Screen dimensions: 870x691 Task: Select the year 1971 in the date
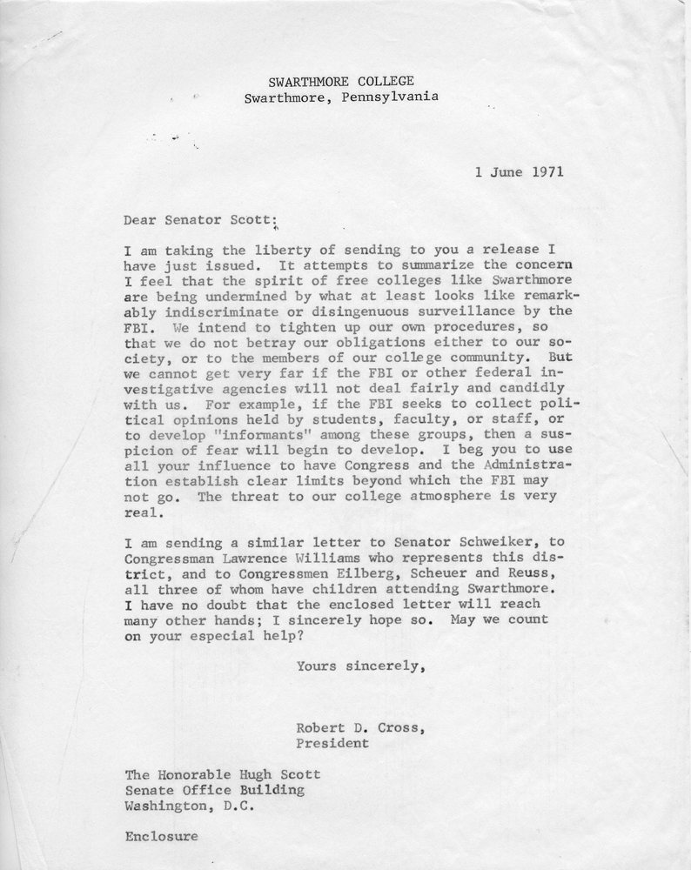(544, 171)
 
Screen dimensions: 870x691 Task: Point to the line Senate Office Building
(214, 790)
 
